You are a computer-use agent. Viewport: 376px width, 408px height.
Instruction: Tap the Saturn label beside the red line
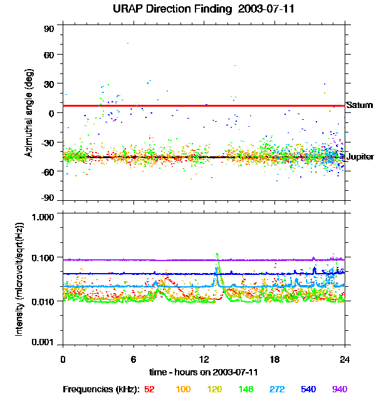click(360, 105)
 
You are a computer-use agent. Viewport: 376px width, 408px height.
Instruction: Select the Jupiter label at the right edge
click(360, 156)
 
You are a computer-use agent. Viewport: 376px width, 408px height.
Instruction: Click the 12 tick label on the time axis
click(204, 359)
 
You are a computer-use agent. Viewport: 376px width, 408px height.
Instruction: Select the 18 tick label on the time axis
click(274, 359)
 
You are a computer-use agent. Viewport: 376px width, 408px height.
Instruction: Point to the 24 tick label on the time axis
click(345, 359)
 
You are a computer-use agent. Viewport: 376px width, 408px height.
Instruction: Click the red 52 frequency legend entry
click(149, 390)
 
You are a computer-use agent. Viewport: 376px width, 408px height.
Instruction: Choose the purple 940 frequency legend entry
click(339, 390)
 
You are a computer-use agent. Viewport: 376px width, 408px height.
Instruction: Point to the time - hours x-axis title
click(204, 373)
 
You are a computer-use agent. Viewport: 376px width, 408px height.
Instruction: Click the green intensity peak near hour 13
click(217, 254)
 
